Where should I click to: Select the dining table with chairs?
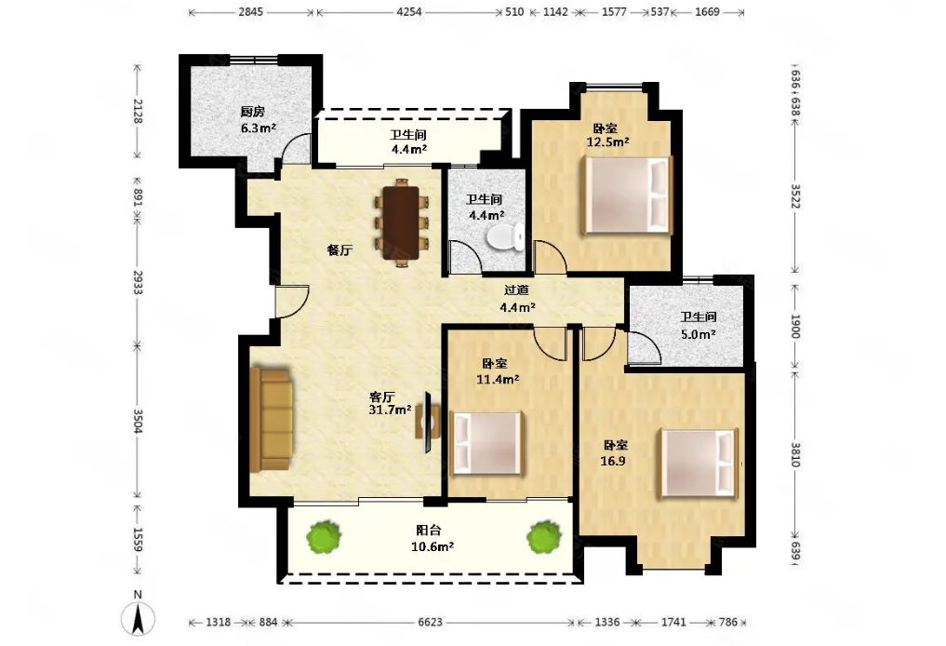pyautogui.click(x=402, y=222)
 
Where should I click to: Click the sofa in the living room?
pyautogui.click(x=271, y=419)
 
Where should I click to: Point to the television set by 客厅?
pyautogui.click(x=427, y=422)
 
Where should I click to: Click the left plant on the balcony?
pyautogui.click(x=323, y=537)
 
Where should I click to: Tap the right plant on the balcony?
pyautogui.click(x=545, y=537)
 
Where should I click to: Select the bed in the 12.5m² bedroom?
pyautogui.click(x=627, y=195)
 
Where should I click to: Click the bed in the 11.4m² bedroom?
pyautogui.click(x=487, y=443)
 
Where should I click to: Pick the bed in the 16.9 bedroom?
pyautogui.click(x=699, y=463)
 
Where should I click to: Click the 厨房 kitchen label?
pyautogui.click(x=252, y=112)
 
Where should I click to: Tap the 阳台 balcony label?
pyautogui.click(x=429, y=531)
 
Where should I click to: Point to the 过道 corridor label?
pyautogui.click(x=516, y=290)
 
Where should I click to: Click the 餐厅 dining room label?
pyautogui.click(x=340, y=250)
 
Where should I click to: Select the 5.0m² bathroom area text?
pyautogui.click(x=698, y=334)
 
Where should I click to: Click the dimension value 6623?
pyautogui.click(x=430, y=622)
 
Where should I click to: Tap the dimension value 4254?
pyautogui.click(x=409, y=11)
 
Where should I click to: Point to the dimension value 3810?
pyautogui.click(x=795, y=454)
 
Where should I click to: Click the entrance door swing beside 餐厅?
pyautogui.click(x=292, y=302)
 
